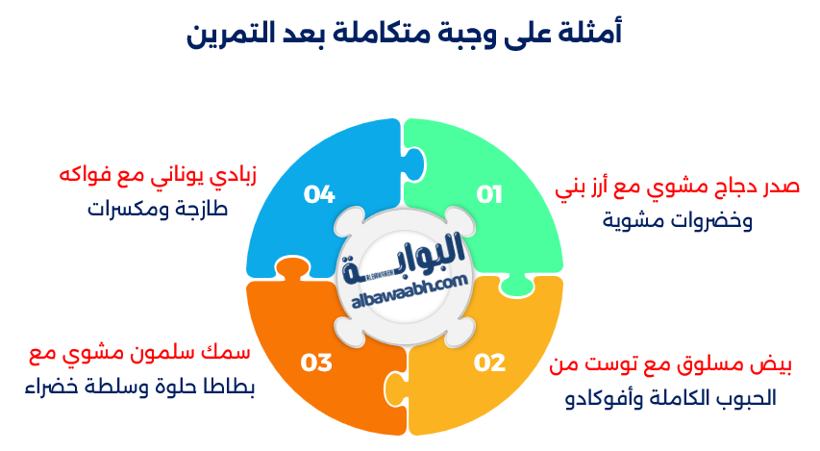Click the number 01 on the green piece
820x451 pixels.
point(489,194)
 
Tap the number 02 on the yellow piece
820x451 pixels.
point(489,363)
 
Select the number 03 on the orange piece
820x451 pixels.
point(316,363)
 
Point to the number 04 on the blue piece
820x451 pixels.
point(319,194)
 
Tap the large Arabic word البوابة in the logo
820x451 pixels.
point(403,258)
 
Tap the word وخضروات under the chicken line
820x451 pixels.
point(715,220)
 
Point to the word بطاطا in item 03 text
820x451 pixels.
point(230,387)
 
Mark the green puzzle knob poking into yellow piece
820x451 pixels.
point(517,287)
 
